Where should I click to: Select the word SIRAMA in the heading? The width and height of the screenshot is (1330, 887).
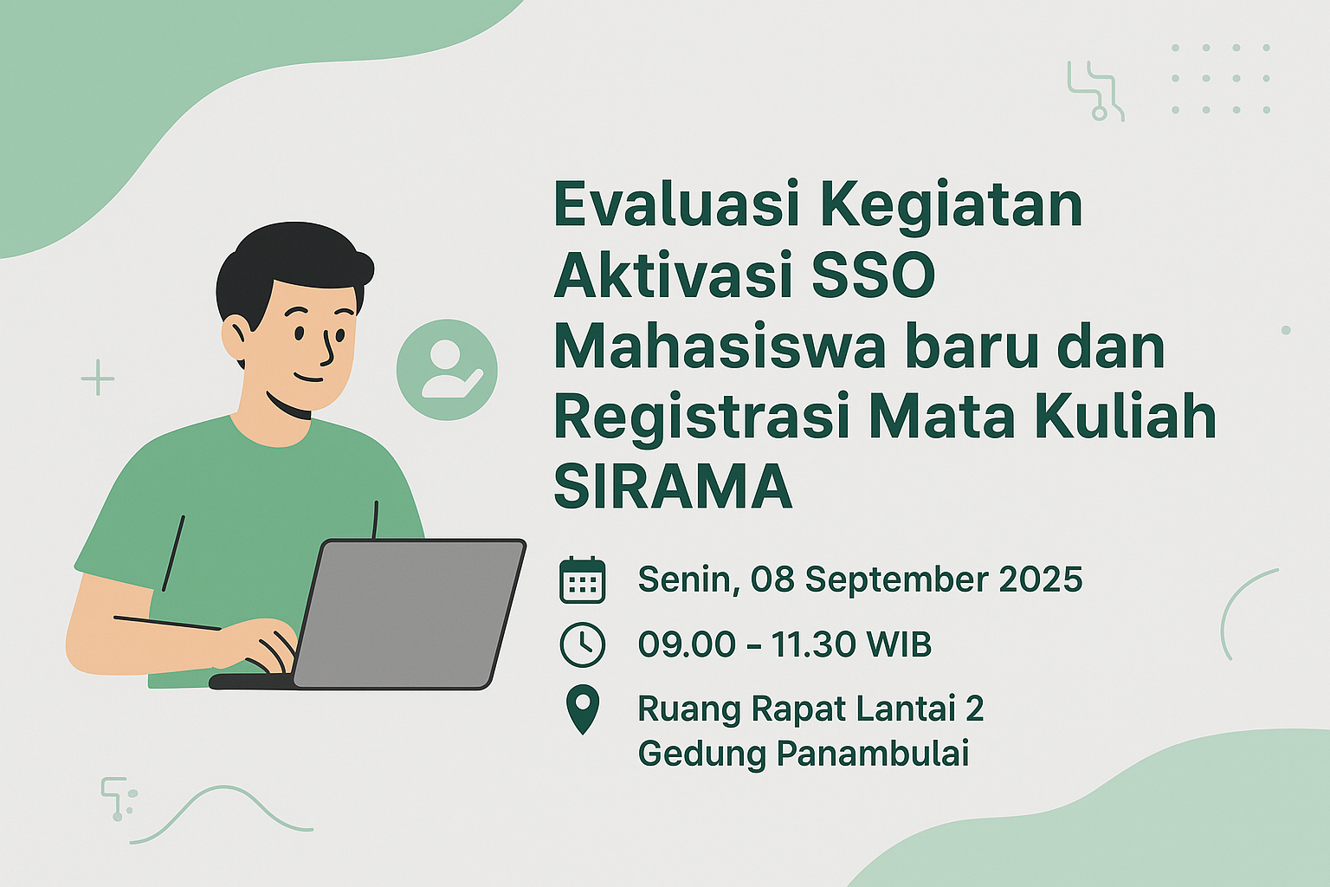point(673,487)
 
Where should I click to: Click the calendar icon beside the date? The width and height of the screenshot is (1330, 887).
point(582,579)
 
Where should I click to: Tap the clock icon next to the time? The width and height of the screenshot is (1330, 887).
point(582,644)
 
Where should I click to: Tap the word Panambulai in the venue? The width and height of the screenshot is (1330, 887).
point(872,753)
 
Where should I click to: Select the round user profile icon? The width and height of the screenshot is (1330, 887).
point(447,370)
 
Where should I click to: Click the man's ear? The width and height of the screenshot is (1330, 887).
point(235,339)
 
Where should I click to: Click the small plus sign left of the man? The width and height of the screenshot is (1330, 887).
point(98,378)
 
